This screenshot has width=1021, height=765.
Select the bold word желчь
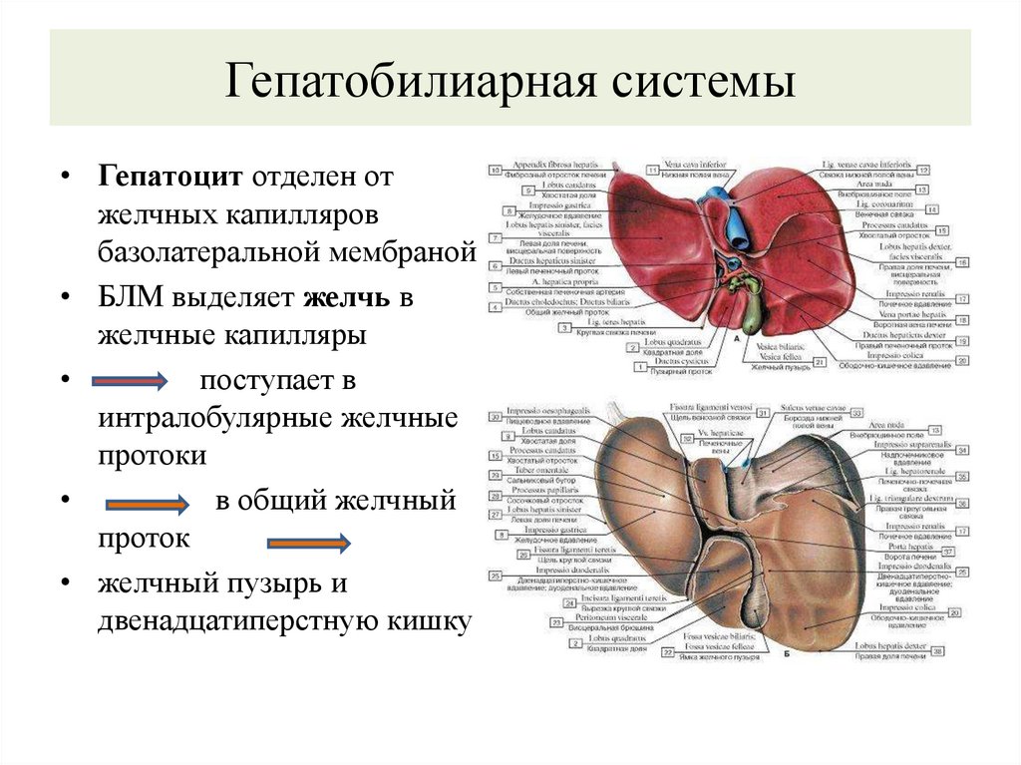click(x=348, y=298)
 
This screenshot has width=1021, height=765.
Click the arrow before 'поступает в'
click(x=129, y=381)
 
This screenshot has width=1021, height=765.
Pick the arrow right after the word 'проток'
click(x=308, y=542)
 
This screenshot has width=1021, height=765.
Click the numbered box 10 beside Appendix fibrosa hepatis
click(x=495, y=171)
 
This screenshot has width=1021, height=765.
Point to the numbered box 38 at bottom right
click(x=937, y=650)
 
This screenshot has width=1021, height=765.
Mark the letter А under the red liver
click(x=735, y=339)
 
